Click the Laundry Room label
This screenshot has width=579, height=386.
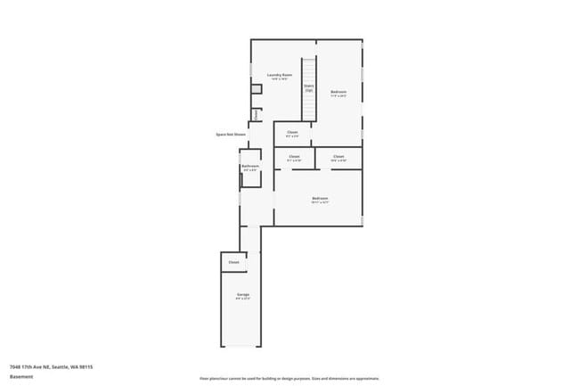pyautogui.click(x=281, y=75)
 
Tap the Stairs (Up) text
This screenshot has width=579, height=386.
pyautogui.click(x=309, y=87)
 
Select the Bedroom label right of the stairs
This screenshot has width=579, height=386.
pyautogui.click(x=338, y=92)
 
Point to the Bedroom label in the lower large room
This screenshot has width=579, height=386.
pyautogui.click(x=320, y=198)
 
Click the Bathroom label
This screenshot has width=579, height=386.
pyautogui.click(x=250, y=166)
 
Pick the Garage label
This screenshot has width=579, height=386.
pyautogui.click(x=242, y=294)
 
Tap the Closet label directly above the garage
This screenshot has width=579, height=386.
pyautogui.click(x=233, y=262)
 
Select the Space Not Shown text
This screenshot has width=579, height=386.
pyautogui.click(x=230, y=135)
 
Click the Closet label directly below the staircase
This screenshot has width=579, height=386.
pyautogui.click(x=292, y=133)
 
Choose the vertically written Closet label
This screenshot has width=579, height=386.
pyautogui.click(x=256, y=114)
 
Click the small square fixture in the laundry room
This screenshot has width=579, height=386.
pyautogui.click(x=256, y=89)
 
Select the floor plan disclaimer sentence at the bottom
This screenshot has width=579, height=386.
pyautogui.click(x=289, y=378)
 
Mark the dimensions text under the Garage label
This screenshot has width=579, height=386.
pyautogui.click(x=242, y=299)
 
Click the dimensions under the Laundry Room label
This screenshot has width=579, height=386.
pyautogui.click(x=281, y=79)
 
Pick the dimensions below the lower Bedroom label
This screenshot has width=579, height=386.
pyautogui.click(x=320, y=202)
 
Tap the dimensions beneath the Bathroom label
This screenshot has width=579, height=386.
pyautogui.click(x=250, y=169)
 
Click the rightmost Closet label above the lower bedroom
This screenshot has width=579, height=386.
pyautogui.click(x=338, y=156)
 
